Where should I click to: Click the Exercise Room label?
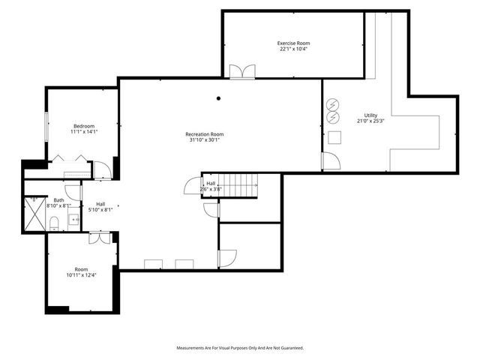[x=293, y=43]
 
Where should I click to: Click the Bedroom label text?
[x=83, y=125]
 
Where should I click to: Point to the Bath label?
[x=58, y=200]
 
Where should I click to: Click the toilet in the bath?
[x=54, y=222]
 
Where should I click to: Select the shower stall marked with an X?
[x=34, y=212]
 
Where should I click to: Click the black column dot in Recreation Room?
[x=218, y=98]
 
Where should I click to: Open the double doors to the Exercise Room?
[x=242, y=72]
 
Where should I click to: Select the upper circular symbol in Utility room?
[x=334, y=103]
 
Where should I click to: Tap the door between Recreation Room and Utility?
[x=330, y=160]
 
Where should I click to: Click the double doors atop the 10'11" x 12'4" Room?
[x=100, y=238]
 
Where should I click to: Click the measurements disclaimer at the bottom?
[x=240, y=348]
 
